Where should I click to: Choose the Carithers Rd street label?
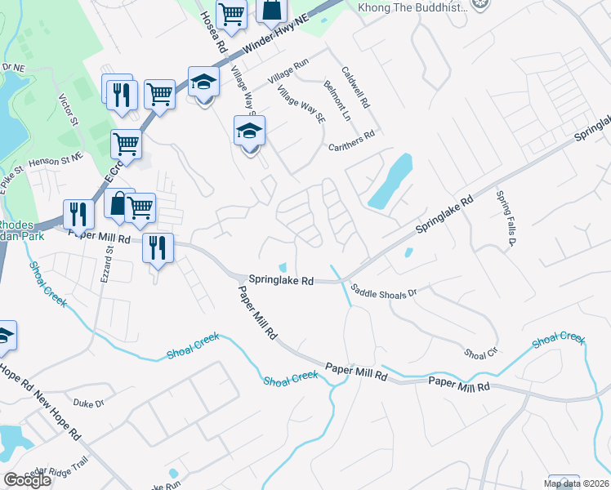(x=351, y=140)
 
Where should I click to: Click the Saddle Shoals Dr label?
(x=383, y=290)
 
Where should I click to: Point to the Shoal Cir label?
(x=479, y=354)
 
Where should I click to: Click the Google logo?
(x=26, y=479)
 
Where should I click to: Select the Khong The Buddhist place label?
(x=413, y=7)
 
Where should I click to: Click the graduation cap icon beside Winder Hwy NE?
(x=202, y=83)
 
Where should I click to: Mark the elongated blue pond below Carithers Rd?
(x=390, y=181)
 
